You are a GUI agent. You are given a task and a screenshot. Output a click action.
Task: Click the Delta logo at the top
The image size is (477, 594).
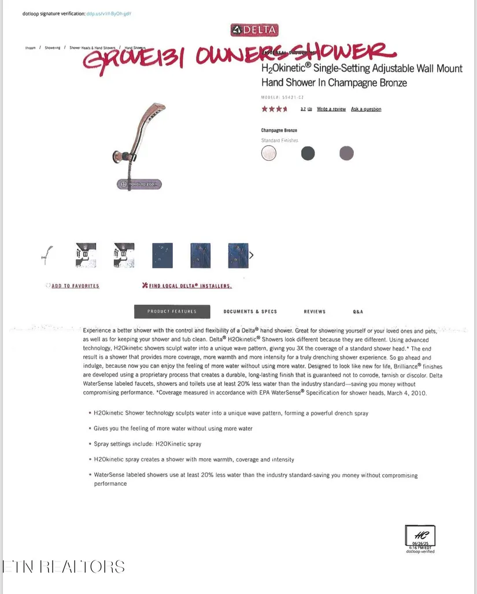pos(254,30)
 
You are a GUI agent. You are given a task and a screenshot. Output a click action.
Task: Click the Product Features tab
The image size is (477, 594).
pos(172,312)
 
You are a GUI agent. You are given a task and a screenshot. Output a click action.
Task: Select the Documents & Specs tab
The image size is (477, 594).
pos(250,312)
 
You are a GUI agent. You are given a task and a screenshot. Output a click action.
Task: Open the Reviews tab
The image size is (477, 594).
pos(315,312)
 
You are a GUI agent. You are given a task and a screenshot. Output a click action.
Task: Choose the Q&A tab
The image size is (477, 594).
pos(358,312)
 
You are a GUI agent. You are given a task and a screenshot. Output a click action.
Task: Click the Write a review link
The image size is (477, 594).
pos(331,109)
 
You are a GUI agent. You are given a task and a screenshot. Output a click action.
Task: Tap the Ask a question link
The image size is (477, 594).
pos(366,109)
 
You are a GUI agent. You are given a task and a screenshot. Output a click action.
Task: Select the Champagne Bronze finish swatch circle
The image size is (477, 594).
pos(269,153)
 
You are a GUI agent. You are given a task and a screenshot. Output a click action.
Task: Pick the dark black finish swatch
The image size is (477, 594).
pos(308,153)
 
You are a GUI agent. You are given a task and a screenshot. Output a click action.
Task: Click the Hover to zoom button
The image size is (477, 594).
pos(139,185)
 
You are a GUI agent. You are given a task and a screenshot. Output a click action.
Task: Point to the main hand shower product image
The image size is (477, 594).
pos(139,139)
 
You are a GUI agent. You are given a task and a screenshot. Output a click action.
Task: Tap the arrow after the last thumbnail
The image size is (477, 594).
pos(251,255)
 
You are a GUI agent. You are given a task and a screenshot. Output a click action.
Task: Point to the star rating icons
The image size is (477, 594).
pos(274,109)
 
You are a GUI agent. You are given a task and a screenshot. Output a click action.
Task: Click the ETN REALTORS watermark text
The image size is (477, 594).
pos(64,566)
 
